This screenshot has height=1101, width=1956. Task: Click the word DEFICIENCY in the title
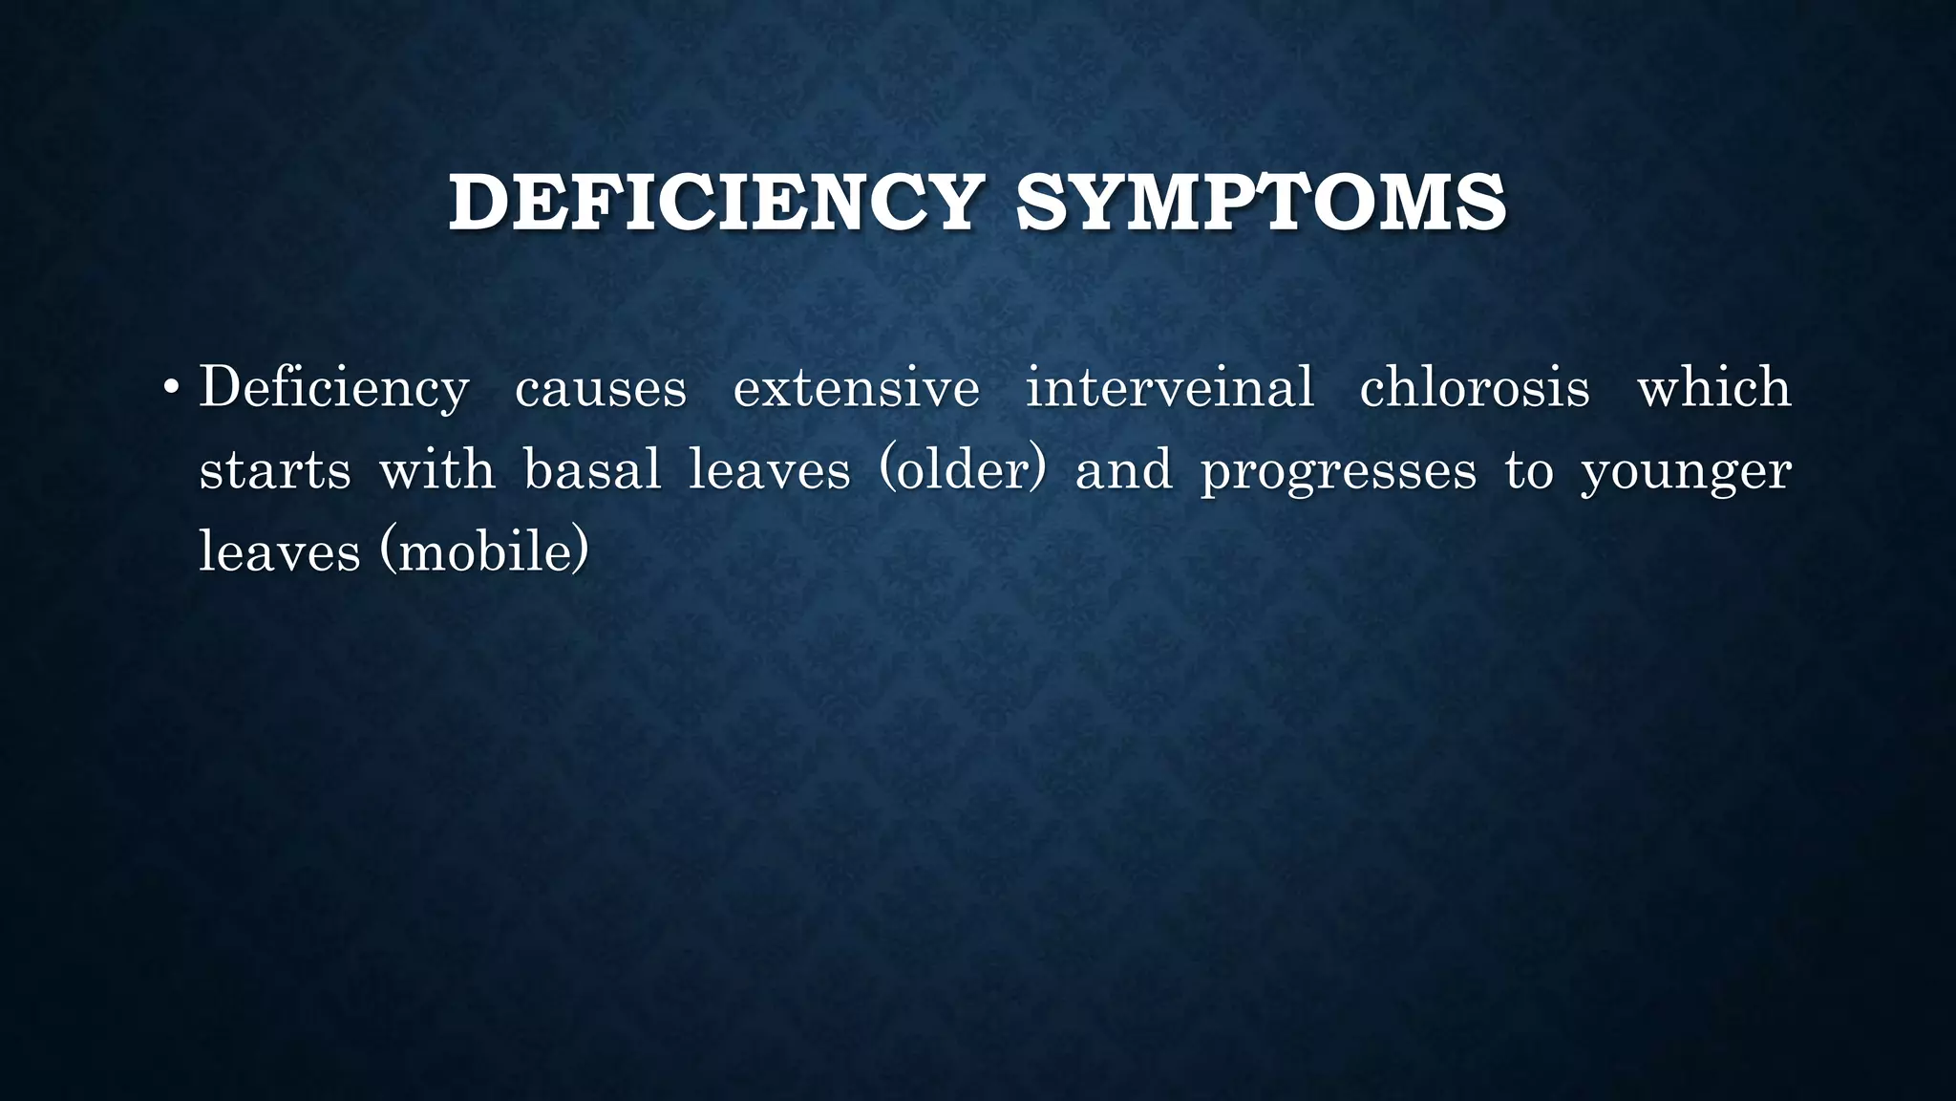[715, 203]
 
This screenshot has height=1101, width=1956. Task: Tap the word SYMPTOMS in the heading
[1261, 203]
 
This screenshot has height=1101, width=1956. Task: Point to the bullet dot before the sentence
[170, 388]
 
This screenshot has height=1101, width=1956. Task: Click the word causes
[601, 388]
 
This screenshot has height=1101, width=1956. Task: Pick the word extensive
[856, 388]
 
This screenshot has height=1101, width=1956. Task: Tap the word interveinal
[1169, 388]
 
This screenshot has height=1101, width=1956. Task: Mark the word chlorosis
[1475, 388]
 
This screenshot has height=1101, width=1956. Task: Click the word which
[1714, 388]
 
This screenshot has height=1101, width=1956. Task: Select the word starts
[275, 470]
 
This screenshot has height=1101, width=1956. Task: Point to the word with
[437, 470]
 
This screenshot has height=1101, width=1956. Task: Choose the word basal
[592, 470]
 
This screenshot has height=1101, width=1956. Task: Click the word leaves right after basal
[769, 470]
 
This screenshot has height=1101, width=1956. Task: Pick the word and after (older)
[1123, 470]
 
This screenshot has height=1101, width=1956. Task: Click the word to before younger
[1528, 470]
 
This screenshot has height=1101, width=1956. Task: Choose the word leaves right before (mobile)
[279, 552]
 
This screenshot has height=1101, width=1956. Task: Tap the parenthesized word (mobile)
[484, 552]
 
